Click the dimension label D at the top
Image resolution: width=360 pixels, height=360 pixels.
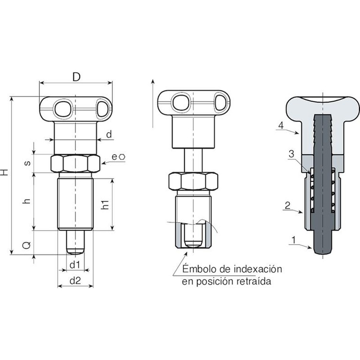coord(76,77)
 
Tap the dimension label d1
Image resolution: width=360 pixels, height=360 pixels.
coord(75,265)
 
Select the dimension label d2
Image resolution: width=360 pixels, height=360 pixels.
coord(75,280)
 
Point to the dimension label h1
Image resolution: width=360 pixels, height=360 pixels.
coord(105,204)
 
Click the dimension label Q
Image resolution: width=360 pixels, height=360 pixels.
coord(27,245)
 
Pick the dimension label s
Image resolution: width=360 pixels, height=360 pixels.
coord(27,163)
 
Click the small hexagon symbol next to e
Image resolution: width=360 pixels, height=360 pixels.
coord(122,157)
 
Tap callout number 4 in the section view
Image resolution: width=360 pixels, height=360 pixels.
coord(281,125)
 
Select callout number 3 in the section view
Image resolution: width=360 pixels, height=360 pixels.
coord(292,154)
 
